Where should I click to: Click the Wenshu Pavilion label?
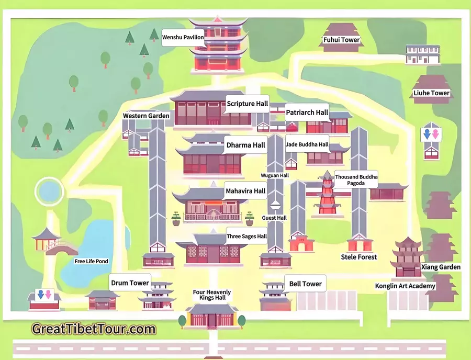click(x=183, y=37)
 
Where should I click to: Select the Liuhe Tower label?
click(x=432, y=93)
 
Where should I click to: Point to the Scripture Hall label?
click(x=247, y=104)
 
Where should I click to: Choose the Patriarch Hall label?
click(x=307, y=113)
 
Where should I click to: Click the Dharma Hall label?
click(x=245, y=145)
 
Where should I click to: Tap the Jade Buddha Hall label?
click(x=307, y=144)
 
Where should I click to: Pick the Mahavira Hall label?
click(x=245, y=191)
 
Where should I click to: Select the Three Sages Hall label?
click(x=246, y=237)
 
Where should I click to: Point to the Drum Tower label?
click(x=130, y=283)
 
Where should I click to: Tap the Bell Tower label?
click(x=305, y=284)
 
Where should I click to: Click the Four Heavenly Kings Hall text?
click(x=211, y=295)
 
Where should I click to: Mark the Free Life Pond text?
click(x=91, y=261)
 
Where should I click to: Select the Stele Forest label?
click(x=359, y=257)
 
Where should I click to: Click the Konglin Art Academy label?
click(x=405, y=286)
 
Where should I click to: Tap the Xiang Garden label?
click(x=441, y=267)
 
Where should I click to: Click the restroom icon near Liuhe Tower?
click(x=431, y=134)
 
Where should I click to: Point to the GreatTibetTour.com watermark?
click(x=94, y=329)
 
